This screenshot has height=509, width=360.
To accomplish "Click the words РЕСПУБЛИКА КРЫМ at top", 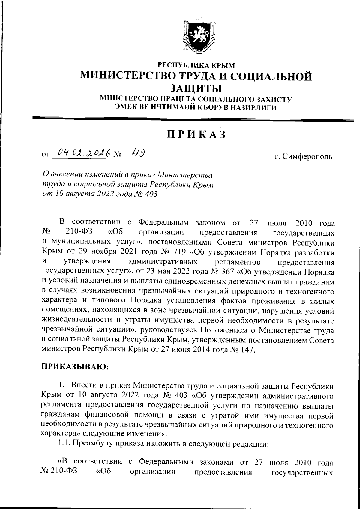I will pos(196,64).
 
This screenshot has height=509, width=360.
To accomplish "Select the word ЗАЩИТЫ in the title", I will pos(196,89).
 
